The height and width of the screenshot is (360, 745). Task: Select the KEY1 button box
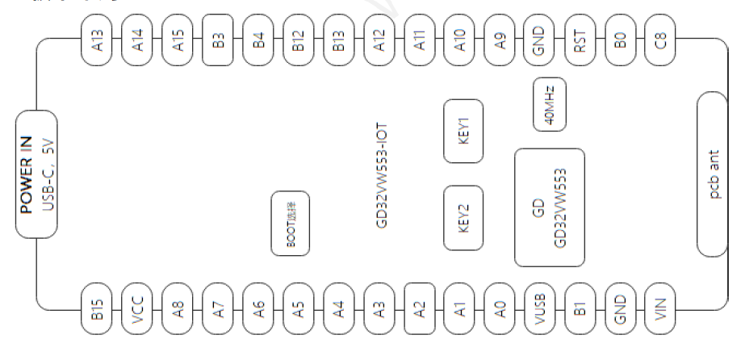(463, 131)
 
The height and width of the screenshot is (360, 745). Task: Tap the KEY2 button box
(463, 217)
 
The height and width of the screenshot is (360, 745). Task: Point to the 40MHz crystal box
(550, 103)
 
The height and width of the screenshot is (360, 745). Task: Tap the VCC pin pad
(138, 308)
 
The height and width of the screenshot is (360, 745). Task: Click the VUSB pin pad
(540, 308)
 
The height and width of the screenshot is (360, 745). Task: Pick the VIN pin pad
(661, 308)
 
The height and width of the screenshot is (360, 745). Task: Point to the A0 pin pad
(500, 308)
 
